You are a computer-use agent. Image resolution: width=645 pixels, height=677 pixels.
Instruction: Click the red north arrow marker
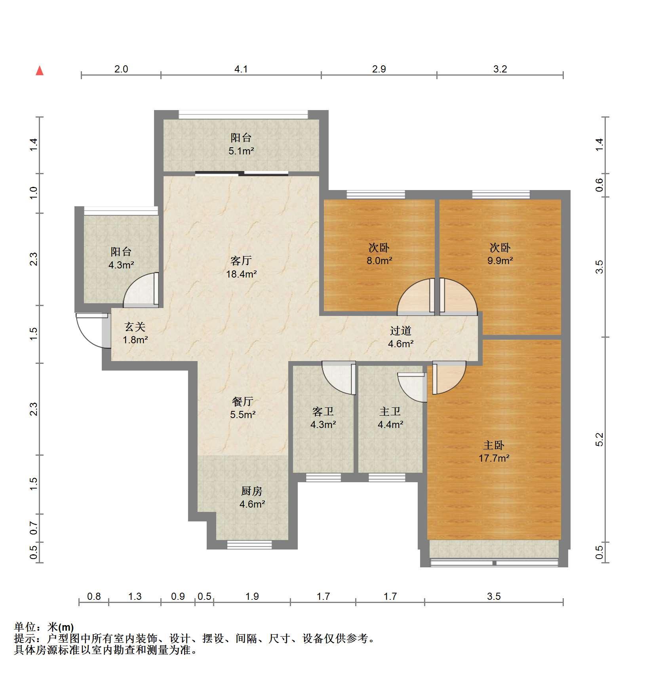pyautogui.click(x=40, y=70)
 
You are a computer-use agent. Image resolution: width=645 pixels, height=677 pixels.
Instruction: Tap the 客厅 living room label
pyautogui.click(x=241, y=261)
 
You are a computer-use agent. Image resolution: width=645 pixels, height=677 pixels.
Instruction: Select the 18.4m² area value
pyautogui.click(x=242, y=274)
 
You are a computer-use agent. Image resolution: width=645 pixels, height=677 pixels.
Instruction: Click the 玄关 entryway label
pyautogui.click(x=135, y=327)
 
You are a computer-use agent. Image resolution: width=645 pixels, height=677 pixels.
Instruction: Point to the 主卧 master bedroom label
pyautogui.click(x=494, y=445)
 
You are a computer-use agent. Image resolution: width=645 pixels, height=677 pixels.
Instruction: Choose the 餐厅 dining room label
pyautogui.click(x=243, y=401)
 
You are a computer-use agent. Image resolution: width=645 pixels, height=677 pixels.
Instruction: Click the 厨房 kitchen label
pyautogui.click(x=252, y=491)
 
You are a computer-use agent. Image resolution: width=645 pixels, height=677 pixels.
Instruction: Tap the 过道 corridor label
pyautogui.click(x=401, y=331)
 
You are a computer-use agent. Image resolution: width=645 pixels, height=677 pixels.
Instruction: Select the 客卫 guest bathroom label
pyautogui.click(x=323, y=411)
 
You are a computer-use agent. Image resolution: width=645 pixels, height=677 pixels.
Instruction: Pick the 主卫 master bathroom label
pyautogui.click(x=390, y=411)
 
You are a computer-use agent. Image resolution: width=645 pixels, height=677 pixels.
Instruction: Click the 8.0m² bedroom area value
pyautogui.click(x=379, y=261)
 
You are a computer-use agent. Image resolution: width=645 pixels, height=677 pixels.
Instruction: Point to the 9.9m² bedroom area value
pyautogui.click(x=500, y=261)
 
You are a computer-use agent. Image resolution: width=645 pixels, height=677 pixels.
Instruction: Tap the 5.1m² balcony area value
pyautogui.click(x=241, y=151)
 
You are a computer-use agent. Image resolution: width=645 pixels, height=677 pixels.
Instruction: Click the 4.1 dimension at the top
pyautogui.click(x=241, y=69)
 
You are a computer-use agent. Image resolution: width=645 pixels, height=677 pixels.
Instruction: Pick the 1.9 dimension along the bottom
pyautogui.click(x=252, y=596)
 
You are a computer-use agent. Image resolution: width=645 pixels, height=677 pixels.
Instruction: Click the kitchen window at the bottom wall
pyautogui.click(x=249, y=545)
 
